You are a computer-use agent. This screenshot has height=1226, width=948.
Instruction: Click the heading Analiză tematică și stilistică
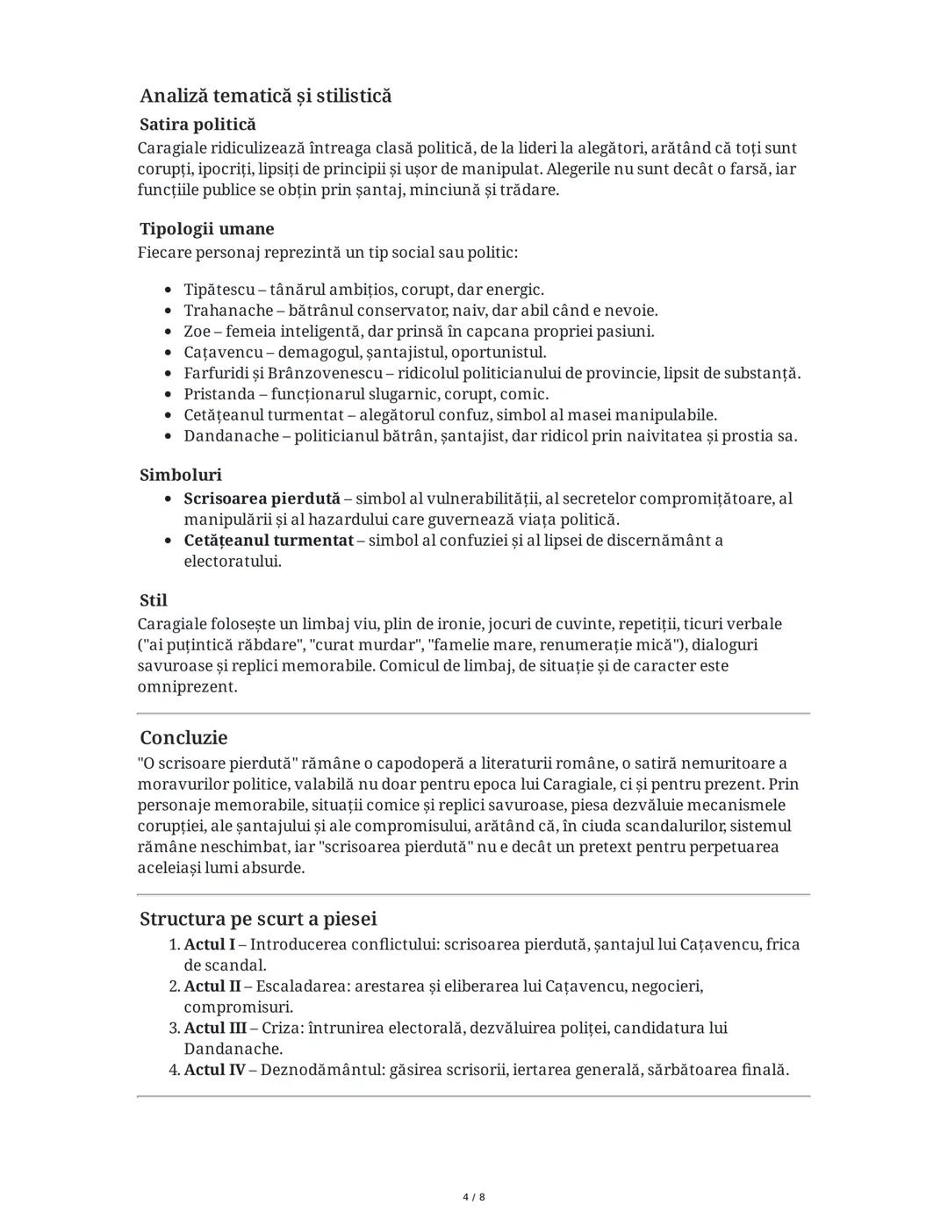tap(265, 96)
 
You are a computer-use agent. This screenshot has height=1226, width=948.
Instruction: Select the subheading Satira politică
tap(197, 125)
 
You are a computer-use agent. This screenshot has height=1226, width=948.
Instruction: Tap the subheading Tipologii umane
tap(206, 229)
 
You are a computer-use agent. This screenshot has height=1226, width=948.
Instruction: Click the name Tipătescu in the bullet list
tap(219, 290)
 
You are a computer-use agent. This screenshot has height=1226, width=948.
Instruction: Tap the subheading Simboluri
tap(181, 475)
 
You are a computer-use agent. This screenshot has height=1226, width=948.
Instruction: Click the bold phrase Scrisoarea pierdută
tap(262, 498)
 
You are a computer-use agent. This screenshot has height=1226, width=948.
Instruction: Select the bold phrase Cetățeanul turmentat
tap(268, 541)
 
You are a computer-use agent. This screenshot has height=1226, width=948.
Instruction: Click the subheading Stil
tap(154, 601)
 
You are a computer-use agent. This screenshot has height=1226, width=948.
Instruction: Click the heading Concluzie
tap(183, 738)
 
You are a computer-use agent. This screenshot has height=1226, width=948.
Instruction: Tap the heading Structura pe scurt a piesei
tap(258, 919)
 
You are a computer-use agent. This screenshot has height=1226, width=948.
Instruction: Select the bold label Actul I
tap(209, 944)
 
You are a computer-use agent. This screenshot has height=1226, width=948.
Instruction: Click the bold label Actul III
tap(214, 1028)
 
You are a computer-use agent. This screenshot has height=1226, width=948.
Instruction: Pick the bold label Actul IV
tap(214, 1070)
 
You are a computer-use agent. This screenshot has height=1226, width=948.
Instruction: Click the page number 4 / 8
tap(474, 1197)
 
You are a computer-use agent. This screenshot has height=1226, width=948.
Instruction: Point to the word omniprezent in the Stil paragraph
tap(187, 687)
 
